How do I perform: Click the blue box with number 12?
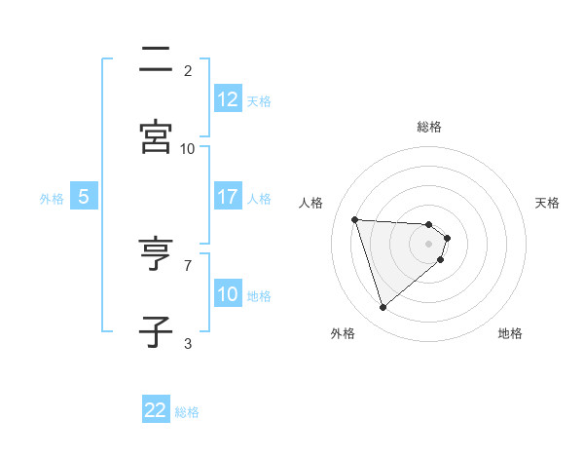coord(228,99)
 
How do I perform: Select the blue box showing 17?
coord(228,197)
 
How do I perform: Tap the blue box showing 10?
coord(228,294)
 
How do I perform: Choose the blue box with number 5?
coord(84,197)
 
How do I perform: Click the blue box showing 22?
coord(156,410)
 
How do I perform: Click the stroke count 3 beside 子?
coord(188,343)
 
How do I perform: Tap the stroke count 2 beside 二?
coord(188,71)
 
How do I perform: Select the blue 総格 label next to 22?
coord(187,412)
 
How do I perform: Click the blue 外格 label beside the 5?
coord(52,199)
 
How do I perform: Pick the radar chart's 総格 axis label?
coord(429,127)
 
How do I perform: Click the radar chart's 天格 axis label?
coord(548,203)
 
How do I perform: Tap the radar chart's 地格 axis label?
coord(510,333)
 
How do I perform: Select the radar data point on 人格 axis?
coord(355,219)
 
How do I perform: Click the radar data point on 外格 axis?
coord(383,308)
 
